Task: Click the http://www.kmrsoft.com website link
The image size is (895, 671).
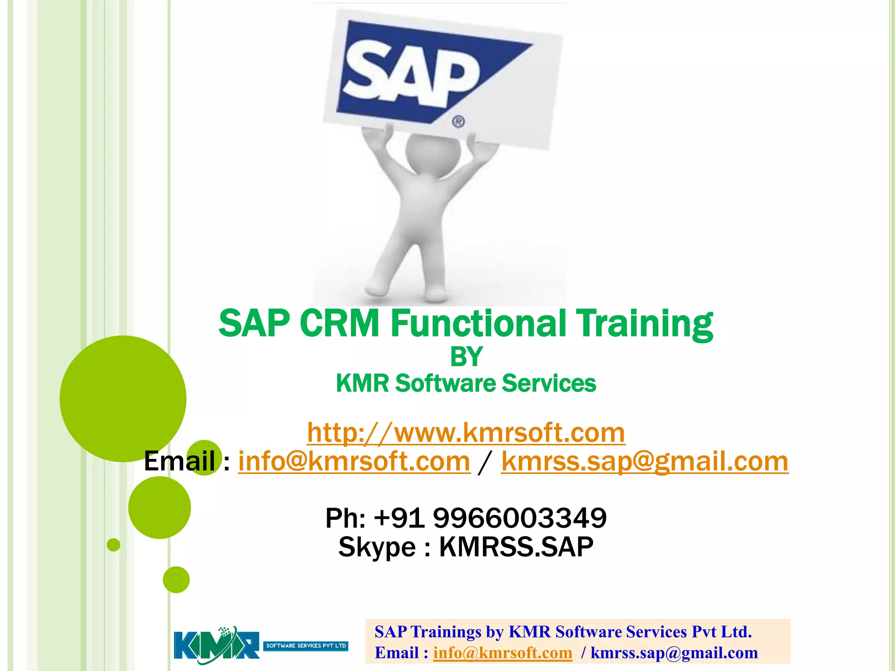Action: click(x=466, y=432)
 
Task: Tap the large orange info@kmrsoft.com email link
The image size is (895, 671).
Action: click(x=354, y=461)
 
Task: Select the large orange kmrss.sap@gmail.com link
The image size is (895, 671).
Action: click(x=645, y=461)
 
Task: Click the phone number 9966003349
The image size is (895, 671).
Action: click(x=520, y=518)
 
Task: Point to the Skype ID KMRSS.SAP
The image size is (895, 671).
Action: click(x=516, y=547)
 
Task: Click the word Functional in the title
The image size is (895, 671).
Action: click(x=478, y=323)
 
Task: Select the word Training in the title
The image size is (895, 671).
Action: click(x=645, y=323)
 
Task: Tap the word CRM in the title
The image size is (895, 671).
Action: click(x=339, y=323)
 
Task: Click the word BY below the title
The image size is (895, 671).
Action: click(x=466, y=356)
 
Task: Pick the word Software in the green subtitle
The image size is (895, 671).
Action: click(x=445, y=384)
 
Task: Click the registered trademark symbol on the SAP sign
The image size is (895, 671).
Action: click(x=458, y=121)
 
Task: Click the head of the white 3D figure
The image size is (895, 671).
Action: click(x=433, y=155)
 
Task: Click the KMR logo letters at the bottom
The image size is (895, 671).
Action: click(x=216, y=645)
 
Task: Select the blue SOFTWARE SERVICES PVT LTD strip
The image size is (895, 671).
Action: click(x=306, y=646)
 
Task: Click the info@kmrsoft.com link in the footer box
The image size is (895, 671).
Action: click(x=503, y=653)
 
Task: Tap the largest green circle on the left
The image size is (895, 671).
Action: click(x=123, y=398)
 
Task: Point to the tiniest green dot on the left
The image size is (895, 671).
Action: click(x=113, y=545)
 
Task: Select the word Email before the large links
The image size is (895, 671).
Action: click(x=179, y=461)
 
